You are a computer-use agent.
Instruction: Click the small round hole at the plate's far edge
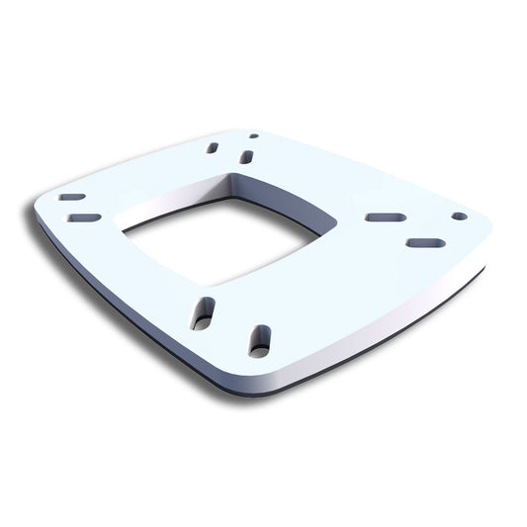click(254, 135)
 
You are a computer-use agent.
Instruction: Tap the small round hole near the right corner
click(459, 216)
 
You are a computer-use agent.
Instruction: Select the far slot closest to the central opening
click(246, 156)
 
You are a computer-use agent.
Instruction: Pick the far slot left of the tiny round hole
click(213, 147)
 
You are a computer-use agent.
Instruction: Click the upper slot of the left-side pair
click(71, 197)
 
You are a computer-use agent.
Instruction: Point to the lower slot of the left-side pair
click(85, 218)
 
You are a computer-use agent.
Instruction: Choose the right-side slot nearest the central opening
click(385, 217)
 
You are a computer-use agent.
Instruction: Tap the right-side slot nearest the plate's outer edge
click(425, 242)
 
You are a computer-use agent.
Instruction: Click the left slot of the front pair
click(203, 312)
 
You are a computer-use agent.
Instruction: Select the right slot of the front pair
click(259, 339)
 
